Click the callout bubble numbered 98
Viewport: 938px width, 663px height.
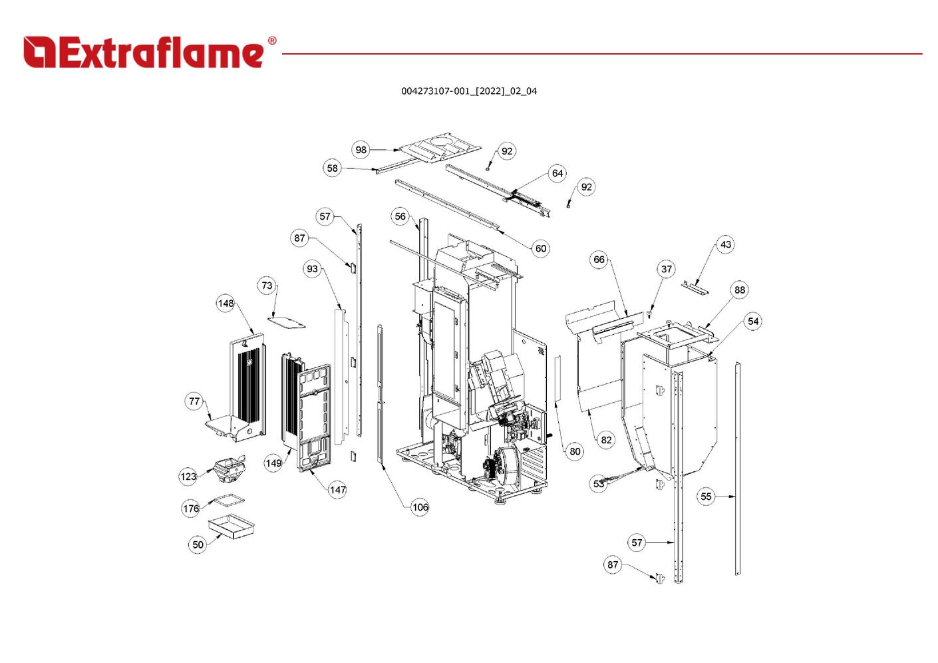tap(361, 150)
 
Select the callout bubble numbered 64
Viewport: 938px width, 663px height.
tap(557, 174)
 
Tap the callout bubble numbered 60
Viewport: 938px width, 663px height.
tap(541, 248)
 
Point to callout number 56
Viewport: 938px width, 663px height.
tap(400, 216)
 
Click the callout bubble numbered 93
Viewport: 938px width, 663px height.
tap(313, 269)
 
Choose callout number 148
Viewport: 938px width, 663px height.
tap(226, 304)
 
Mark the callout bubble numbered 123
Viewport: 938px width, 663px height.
tap(189, 476)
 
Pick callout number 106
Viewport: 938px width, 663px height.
tap(420, 507)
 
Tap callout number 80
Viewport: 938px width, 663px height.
tap(575, 451)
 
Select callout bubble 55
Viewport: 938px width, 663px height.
tap(706, 497)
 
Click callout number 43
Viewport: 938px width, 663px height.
tap(726, 244)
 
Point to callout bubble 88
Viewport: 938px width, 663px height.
tap(740, 290)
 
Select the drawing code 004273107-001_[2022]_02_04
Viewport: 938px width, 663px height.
tap(468, 91)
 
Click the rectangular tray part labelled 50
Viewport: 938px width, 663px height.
tap(232, 526)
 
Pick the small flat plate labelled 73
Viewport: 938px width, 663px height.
tap(287, 322)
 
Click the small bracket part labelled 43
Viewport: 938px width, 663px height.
tap(695, 288)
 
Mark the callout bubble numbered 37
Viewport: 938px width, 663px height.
tap(667, 269)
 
